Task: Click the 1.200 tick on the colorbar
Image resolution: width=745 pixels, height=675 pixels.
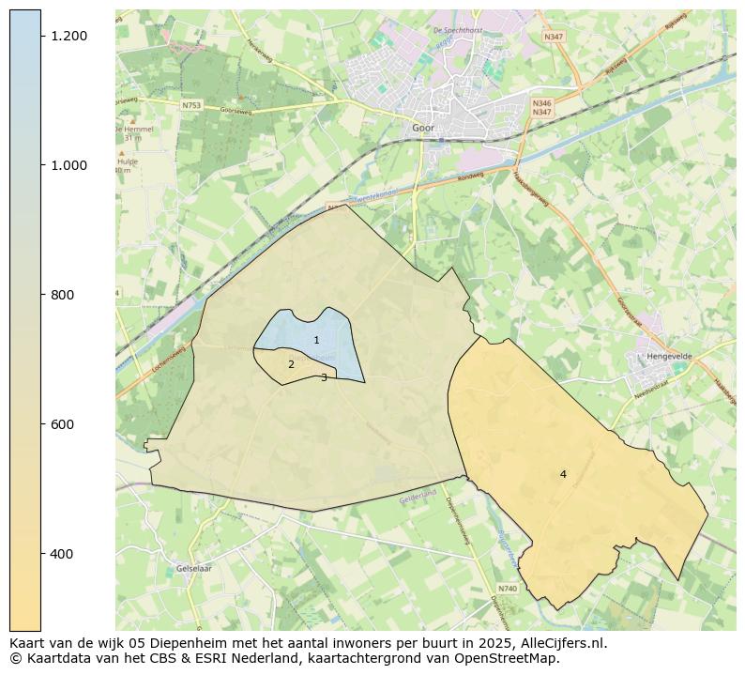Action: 69,36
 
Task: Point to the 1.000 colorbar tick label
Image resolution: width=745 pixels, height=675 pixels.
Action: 69,165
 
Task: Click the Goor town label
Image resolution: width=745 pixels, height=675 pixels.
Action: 423,128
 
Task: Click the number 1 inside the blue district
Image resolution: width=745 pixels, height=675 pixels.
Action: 316,340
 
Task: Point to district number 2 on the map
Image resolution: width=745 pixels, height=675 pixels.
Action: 291,364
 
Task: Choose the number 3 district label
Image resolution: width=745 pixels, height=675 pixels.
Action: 324,377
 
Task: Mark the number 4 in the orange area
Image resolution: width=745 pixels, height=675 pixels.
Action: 563,474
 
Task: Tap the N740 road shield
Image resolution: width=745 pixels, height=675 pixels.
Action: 508,589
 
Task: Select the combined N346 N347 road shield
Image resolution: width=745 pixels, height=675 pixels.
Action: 541,108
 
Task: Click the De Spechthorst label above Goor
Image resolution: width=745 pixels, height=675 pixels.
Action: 456,31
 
